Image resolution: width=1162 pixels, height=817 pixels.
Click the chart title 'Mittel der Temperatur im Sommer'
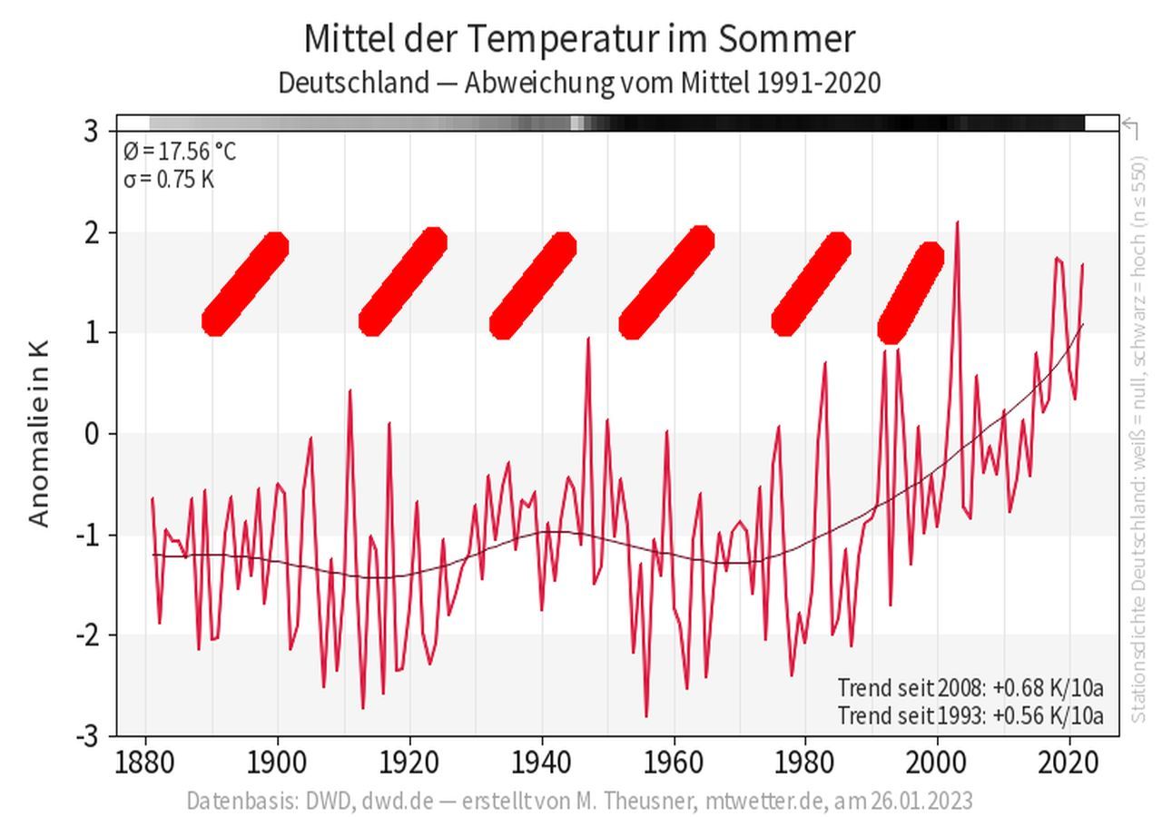click(x=579, y=39)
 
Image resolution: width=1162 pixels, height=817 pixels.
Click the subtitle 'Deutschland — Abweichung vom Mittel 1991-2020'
click(x=579, y=83)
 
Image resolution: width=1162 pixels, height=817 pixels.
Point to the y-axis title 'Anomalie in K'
click(x=38, y=434)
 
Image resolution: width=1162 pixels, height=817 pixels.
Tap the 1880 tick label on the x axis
click(x=146, y=763)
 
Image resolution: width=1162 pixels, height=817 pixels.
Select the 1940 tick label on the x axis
click(x=542, y=763)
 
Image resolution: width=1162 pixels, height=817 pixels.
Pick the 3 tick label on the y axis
click(x=91, y=132)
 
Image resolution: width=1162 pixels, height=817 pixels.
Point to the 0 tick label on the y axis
click(x=91, y=434)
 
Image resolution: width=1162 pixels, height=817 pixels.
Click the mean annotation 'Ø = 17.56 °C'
click(x=180, y=151)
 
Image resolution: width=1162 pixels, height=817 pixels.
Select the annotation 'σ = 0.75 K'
click(x=169, y=179)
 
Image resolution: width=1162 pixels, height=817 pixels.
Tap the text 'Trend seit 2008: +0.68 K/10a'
click(x=970, y=687)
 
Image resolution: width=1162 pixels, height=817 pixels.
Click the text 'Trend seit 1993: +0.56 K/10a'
click(x=970, y=715)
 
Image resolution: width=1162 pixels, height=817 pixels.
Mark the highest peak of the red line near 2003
click(x=957, y=222)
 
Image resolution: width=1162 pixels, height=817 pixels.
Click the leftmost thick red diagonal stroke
click(x=245, y=284)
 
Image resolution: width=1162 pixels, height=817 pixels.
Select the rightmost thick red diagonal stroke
click(x=911, y=292)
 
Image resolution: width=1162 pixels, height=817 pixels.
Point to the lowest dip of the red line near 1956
click(x=646, y=715)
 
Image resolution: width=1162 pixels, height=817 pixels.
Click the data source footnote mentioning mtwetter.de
click(x=579, y=801)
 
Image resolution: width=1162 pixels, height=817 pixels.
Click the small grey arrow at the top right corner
click(x=1131, y=126)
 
